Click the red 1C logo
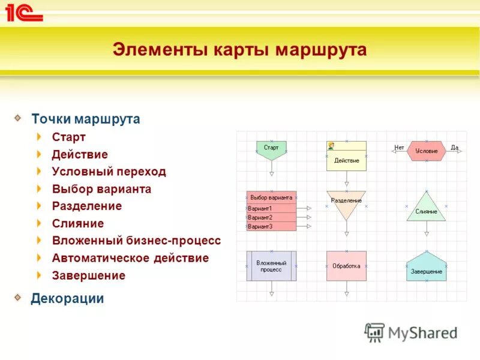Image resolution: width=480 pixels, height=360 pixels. (x=24, y=12)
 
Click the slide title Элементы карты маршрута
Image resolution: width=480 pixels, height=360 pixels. (x=239, y=50)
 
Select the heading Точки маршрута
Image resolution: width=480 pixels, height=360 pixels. (x=86, y=119)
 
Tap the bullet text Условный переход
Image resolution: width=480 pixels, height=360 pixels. (x=109, y=172)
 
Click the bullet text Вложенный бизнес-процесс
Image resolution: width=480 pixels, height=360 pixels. (x=136, y=241)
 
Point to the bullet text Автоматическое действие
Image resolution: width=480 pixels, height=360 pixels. (x=130, y=258)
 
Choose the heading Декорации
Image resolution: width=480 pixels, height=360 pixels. (x=67, y=298)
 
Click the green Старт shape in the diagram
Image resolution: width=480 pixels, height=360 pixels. (x=271, y=149)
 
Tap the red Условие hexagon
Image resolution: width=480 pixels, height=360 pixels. (x=426, y=151)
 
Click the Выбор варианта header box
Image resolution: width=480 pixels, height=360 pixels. (x=271, y=197)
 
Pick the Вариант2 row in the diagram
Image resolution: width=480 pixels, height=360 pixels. (x=271, y=217)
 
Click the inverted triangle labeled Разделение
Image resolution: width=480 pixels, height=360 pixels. (x=346, y=203)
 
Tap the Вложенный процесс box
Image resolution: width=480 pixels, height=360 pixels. (x=271, y=266)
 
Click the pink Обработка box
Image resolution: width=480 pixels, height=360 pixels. (x=346, y=266)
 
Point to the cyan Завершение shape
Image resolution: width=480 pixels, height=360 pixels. (x=426, y=268)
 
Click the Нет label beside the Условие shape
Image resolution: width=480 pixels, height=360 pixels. (x=399, y=147)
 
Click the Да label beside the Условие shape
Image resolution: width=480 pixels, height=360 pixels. (x=454, y=147)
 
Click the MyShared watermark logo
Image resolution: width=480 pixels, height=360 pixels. (x=412, y=332)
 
